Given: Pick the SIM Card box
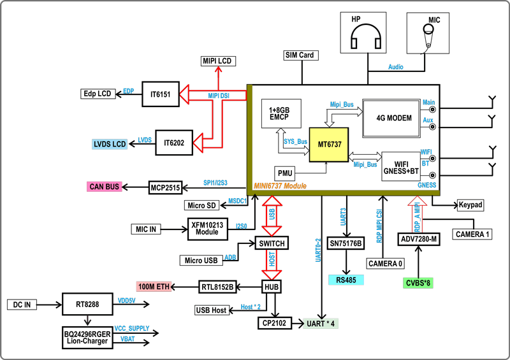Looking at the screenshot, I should [299, 55].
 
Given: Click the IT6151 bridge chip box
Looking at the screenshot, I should [161, 94].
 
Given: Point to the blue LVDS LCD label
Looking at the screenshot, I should [110, 145].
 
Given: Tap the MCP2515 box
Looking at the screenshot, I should [165, 187].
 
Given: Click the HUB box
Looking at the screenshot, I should [272, 287].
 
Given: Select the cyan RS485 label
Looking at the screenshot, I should [346, 279].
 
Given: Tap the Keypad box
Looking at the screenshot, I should [470, 205].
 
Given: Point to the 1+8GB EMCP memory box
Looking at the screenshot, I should [280, 114].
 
